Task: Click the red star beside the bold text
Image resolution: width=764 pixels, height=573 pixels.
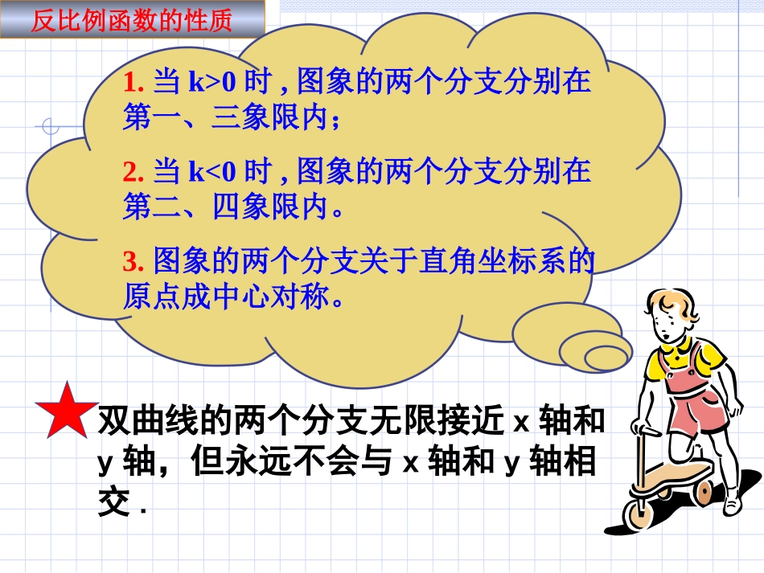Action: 68,409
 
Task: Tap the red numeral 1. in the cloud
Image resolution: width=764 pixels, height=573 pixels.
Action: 133,82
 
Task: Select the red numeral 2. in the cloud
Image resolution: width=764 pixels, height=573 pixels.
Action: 133,171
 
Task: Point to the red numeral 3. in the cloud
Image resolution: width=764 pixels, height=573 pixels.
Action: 133,260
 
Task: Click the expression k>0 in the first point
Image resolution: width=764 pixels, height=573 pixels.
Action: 212,82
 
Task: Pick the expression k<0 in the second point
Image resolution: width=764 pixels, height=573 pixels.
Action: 212,171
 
